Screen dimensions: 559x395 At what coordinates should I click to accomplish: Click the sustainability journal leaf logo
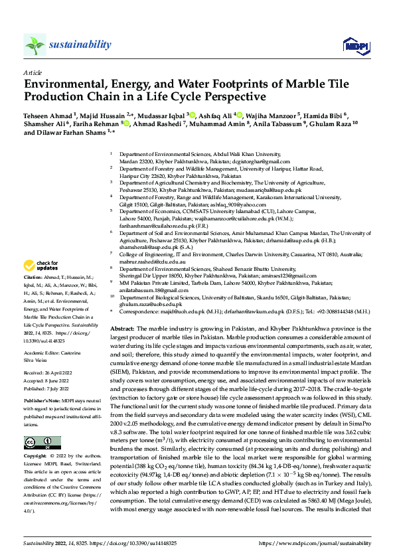coord(35,45)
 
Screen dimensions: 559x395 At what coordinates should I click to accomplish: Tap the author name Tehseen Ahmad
coord(48,114)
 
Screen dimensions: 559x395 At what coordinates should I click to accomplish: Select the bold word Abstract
coord(122,310)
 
